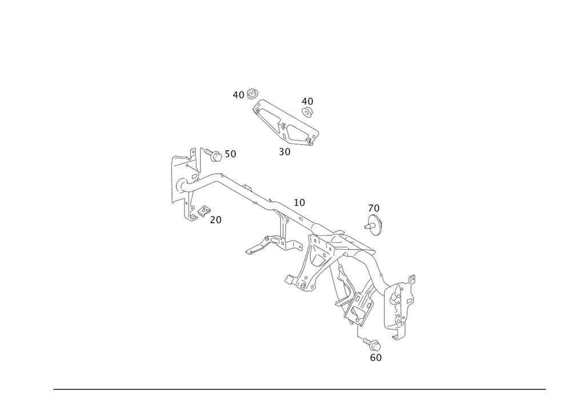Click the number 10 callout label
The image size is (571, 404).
point(300,202)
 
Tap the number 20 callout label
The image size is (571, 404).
point(215,219)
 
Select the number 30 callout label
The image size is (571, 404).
point(285,152)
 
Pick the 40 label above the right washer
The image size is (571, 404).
point(307,101)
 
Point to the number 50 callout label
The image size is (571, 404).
point(230,154)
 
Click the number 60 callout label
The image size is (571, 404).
point(375,357)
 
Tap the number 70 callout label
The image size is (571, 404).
point(374,207)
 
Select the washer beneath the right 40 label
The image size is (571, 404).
point(307,113)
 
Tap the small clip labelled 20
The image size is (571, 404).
point(203,211)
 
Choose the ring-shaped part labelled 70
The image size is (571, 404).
point(375,225)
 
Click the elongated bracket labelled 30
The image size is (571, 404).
point(285,123)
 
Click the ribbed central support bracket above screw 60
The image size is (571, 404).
point(354,297)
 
